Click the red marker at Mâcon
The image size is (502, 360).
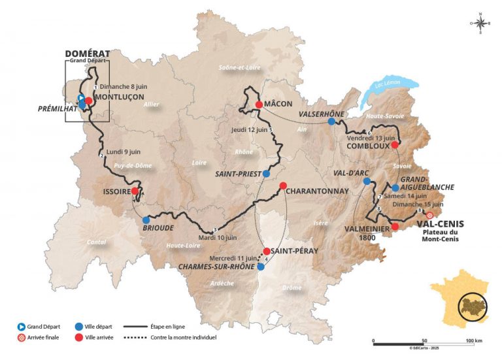click(259, 105)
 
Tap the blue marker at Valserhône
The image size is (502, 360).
click(332, 122)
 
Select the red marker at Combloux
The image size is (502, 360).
click(395, 145)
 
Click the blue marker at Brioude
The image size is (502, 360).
click(146, 220)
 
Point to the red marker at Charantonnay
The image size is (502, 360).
click(283, 186)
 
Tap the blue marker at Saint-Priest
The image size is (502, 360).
click(266, 174)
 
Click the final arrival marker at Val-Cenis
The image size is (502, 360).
click(429, 216)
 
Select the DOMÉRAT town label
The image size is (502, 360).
click(87, 53)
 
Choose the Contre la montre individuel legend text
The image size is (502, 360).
click(182, 338)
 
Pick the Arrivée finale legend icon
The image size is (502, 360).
click(22, 338)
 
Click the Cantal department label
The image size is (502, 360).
click(96, 242)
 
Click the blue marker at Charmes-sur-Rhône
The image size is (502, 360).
click(261, 267)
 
